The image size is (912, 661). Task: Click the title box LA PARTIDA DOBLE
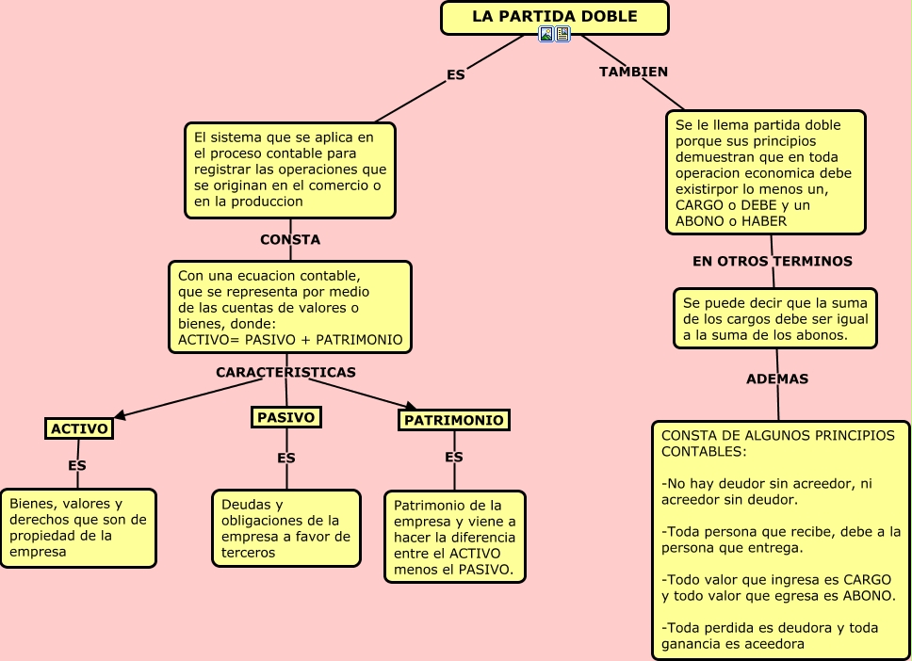[555, 18]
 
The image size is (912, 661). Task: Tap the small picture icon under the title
[546, 34]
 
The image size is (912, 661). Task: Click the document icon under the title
[562, 34]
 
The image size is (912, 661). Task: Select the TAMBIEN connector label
[633, 72]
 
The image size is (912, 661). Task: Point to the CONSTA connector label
[290, 239]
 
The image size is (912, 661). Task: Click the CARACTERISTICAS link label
[285, 372]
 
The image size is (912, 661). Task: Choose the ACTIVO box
[79, 428]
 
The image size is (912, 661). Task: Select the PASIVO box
[286, 417]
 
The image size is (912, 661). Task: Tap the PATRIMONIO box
[454, 420]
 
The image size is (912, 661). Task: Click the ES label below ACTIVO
[76, 466]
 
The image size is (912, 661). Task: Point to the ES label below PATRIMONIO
[454, 457]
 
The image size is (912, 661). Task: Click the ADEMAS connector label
[777, 379]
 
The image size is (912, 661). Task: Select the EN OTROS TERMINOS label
[773, 261]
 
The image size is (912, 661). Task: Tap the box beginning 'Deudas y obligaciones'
[286, 528]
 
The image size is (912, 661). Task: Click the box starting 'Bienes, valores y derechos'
[78, 528]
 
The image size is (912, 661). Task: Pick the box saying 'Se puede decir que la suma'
[775, 318]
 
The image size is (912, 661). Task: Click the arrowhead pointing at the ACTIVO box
[120, 414]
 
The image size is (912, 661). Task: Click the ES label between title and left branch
[455, 75]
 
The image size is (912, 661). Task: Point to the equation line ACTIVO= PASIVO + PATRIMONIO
[290, 340]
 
